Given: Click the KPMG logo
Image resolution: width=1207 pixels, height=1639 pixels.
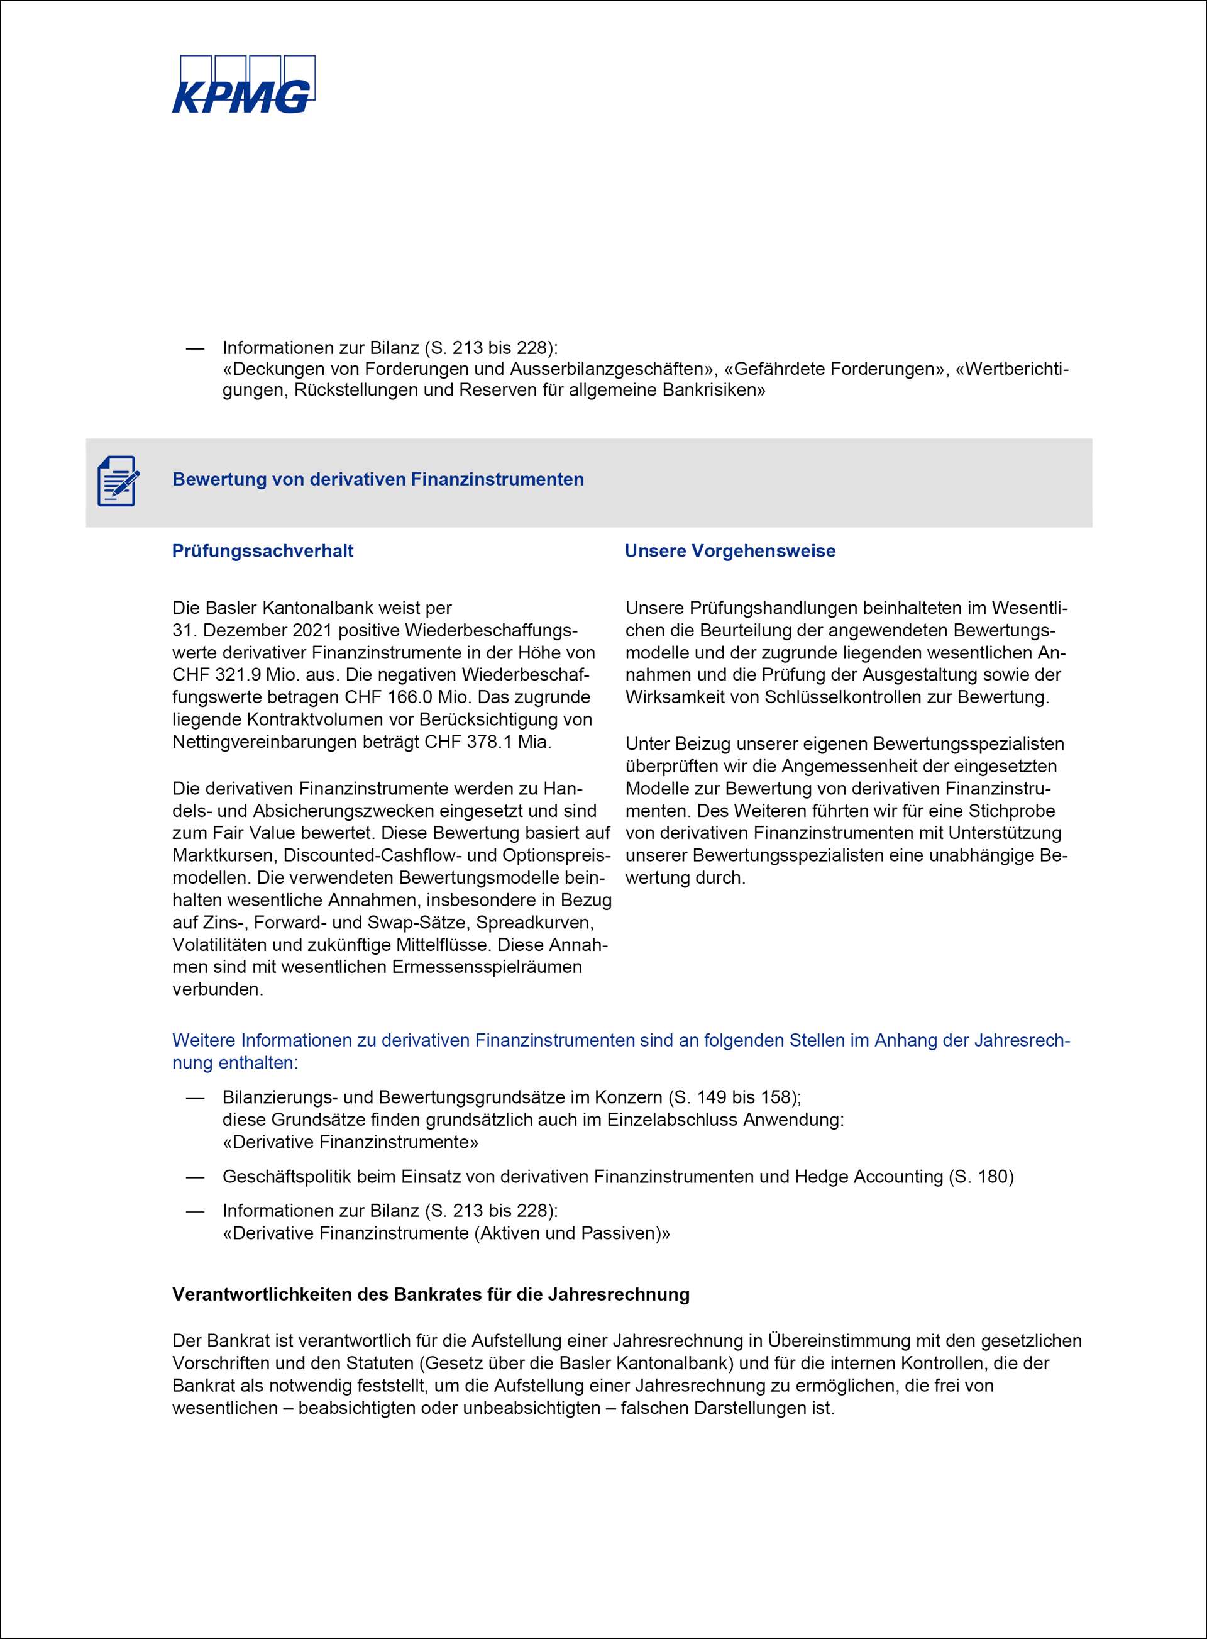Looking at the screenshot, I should tap(243, 85).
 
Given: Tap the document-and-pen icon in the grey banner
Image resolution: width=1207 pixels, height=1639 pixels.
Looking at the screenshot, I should tap(118, 481).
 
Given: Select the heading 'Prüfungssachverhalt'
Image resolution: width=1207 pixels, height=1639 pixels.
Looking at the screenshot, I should tap(262, 551).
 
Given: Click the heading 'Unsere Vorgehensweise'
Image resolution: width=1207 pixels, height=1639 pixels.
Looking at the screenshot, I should tap(729, 551).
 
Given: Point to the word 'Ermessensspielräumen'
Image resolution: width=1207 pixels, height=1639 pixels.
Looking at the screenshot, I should tap(487, 967).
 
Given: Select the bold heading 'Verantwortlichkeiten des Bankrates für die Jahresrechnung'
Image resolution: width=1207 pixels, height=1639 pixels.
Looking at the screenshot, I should tap(431, 1295).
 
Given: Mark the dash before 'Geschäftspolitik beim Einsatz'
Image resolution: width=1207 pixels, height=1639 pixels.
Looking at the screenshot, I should tap(194, 1176).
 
